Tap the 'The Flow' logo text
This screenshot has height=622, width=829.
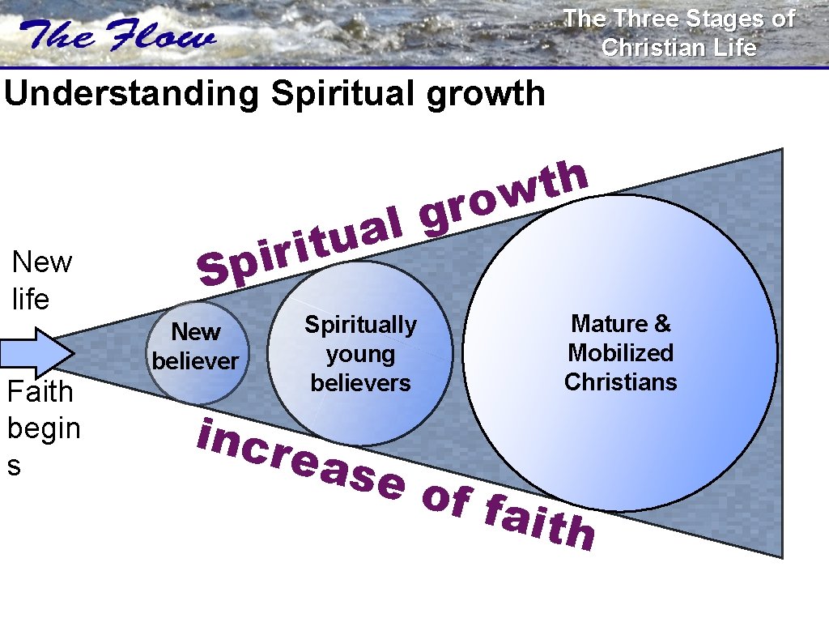[x=119, y=36]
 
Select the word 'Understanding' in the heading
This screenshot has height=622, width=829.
[x=132, y=94]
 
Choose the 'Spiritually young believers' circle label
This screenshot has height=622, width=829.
[x=360, y=354]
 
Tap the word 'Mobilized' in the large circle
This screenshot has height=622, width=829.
[x=620, y=353]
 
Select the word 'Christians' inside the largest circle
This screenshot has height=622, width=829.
[x=620, y=381]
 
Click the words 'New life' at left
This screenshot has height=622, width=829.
[x=41, y=280]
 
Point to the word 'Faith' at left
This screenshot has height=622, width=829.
[x=40, y=392]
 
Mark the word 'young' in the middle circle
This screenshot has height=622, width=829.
[x=360, y=354]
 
